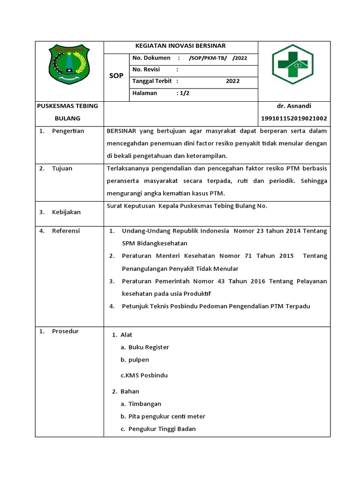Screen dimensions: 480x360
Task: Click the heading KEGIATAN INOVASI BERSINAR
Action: (x=180, y=46)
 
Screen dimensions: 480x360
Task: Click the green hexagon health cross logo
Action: (x=293, y=64)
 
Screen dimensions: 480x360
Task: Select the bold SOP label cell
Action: (x=116, y=76)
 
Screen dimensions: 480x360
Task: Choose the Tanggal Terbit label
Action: (x=152, y=81)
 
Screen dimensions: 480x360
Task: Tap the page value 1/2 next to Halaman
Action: (x=183, y=93)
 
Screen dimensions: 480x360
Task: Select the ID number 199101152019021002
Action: (x=294, y=119)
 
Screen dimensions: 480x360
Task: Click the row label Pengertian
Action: (x=68, y=131)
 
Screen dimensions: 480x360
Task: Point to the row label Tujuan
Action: (x=62, y=168)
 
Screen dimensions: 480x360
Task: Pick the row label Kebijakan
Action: (x=66, y=212)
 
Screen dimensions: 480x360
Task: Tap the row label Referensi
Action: (x=66, y=231)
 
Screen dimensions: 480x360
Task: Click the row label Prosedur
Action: (x=66, y=331)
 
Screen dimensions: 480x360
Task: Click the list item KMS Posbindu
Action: (x=144, y=375)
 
